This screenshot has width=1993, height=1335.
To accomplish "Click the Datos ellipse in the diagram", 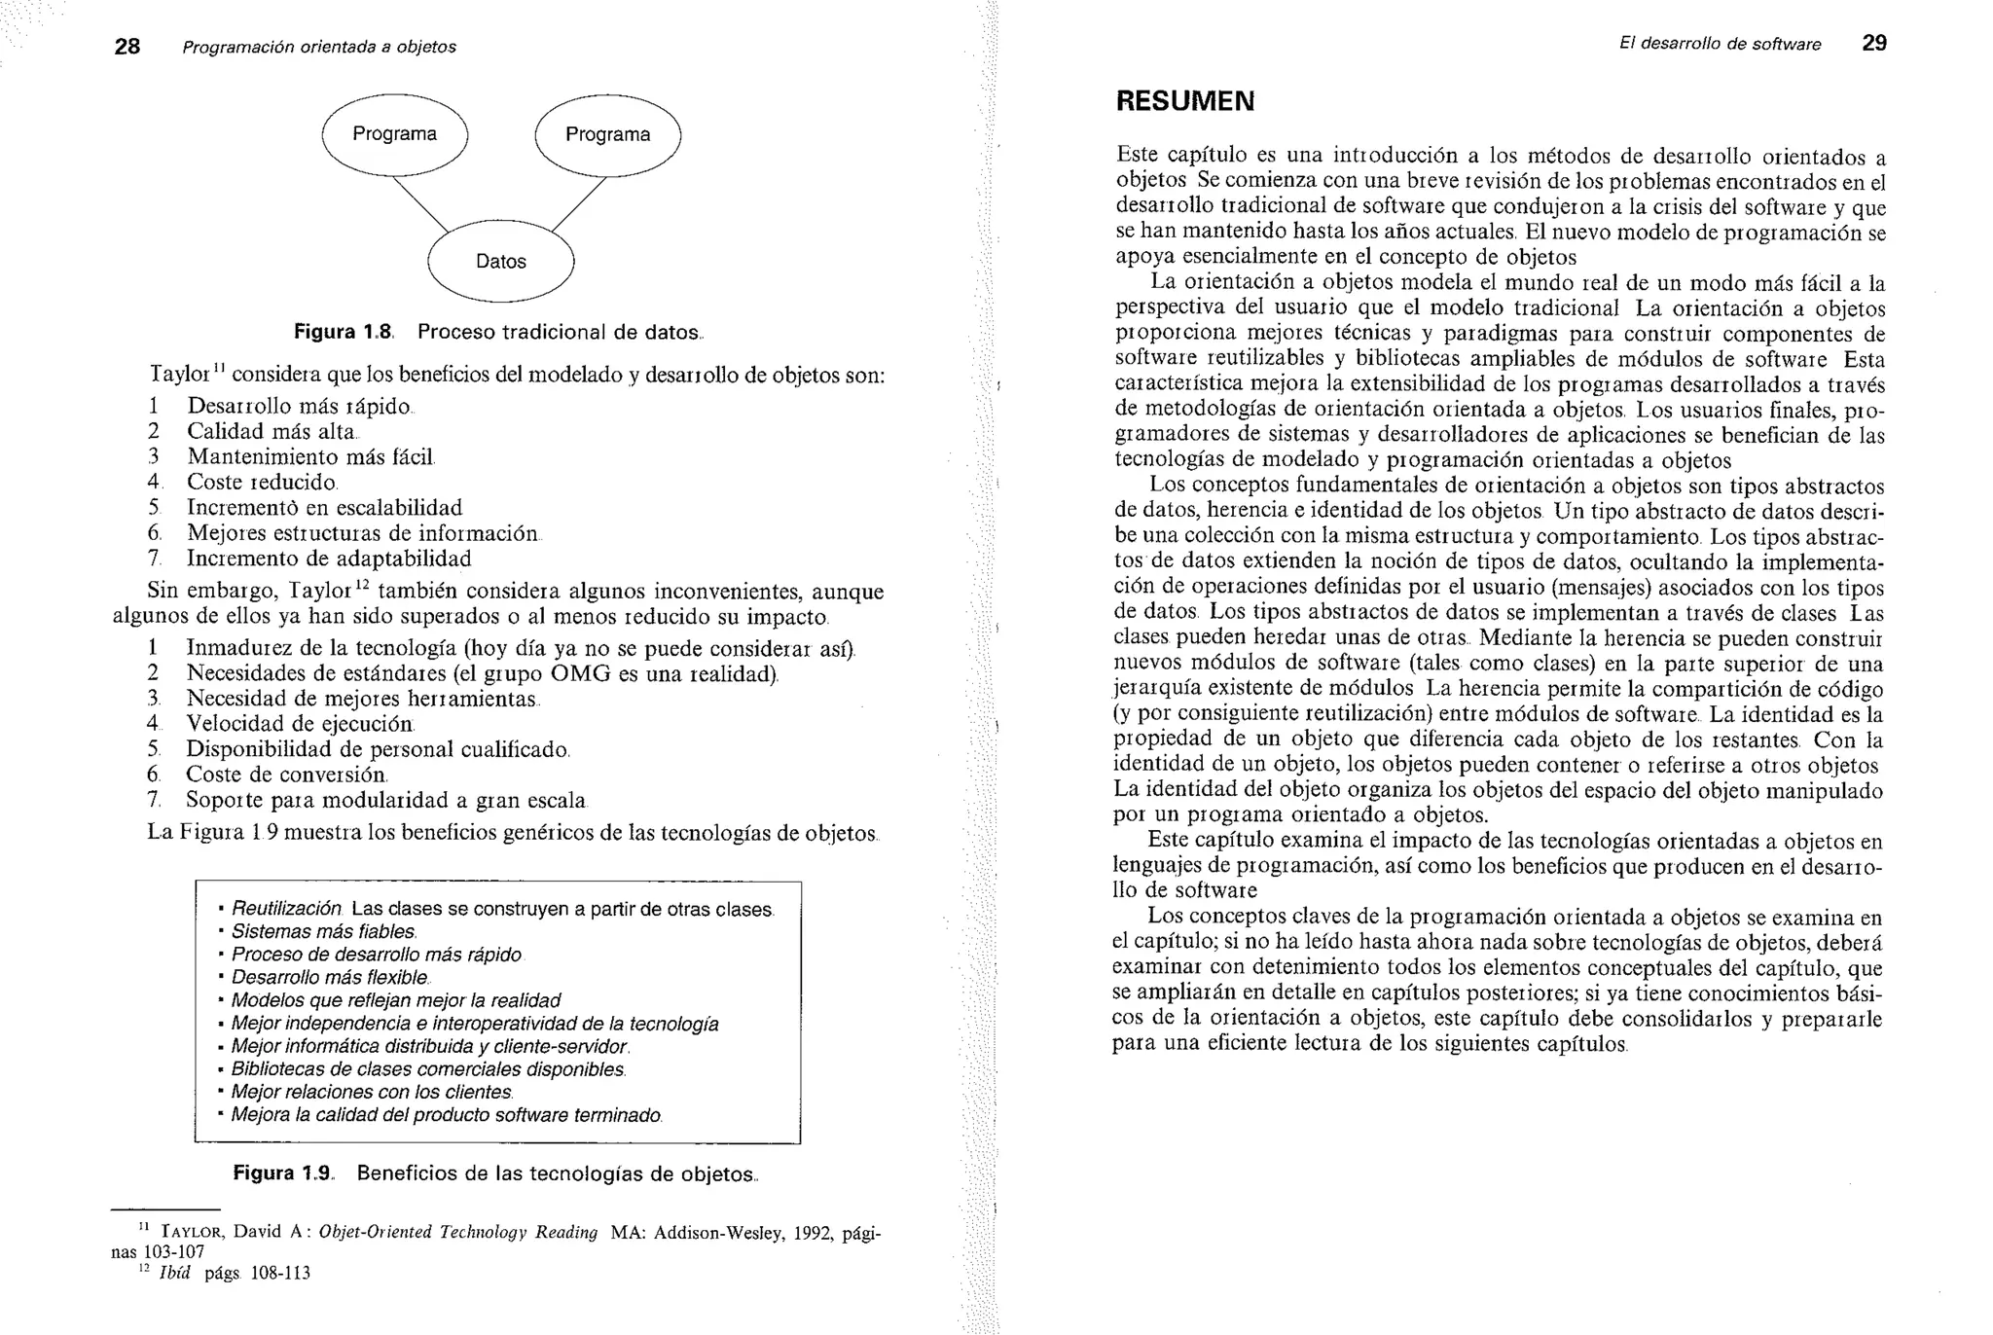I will click(501, 261).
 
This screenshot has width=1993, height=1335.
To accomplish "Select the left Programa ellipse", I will click(394, 134).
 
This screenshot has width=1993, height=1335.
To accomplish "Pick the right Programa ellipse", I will click(607, 134).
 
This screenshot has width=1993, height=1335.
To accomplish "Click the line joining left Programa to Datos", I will click(420, 204).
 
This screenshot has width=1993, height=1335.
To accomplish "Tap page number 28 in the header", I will click(127, 47).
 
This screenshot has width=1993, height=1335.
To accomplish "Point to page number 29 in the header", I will click(1874, 43).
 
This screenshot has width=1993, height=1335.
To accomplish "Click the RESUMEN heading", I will click(1185, 101).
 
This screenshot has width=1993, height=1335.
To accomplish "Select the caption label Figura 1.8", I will click(344, 332).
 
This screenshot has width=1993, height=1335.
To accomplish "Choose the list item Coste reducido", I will click(262, 482).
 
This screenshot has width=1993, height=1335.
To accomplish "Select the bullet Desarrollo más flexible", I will click(330, 978).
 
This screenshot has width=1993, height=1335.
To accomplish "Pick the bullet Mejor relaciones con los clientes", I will click(372, 1092).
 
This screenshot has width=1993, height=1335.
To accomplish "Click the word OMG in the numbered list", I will click(582, 673).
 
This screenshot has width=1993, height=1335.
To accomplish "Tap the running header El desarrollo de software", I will click(1720, 44).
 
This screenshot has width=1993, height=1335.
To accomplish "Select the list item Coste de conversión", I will click(286, 775).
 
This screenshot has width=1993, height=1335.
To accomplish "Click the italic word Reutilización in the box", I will click(286, 909).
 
